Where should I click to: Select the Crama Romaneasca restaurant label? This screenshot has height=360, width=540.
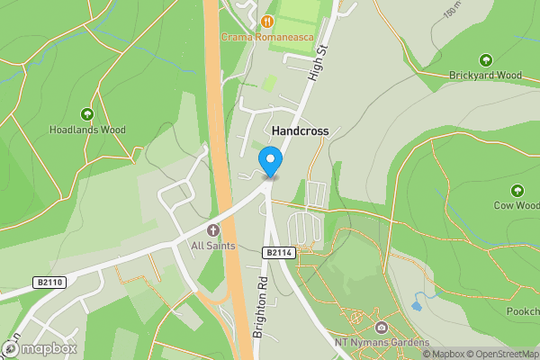tap(266, 37)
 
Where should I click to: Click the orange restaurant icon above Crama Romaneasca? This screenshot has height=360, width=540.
tap(266, 21)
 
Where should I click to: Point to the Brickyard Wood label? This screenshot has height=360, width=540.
tap(486, 76)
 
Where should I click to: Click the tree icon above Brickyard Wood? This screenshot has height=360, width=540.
tap(486, 60)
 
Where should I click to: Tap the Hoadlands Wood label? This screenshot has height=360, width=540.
tap(87, 130)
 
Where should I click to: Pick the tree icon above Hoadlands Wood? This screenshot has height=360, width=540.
tap(87, 114)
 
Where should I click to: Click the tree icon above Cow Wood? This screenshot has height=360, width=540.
tap(517, 191)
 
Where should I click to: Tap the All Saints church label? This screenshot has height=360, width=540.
tap(212, 245)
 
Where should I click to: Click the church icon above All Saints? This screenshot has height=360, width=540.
tap(213, 229)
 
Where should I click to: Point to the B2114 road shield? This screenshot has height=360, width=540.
tap(278, 254)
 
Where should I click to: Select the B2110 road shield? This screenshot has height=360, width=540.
tap(49, 282)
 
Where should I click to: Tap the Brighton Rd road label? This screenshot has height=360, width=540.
tap(260, 306)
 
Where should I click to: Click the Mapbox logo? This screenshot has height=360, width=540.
tap(40, 348)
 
